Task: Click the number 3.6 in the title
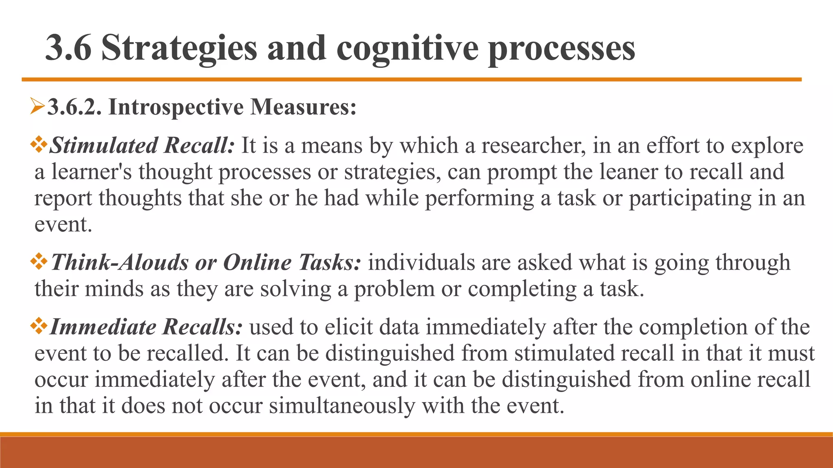(x=68, y=48)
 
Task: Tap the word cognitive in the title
(x=407, y=49)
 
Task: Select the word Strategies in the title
(x=179, y=49)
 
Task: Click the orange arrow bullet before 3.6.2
(x=37, y=107)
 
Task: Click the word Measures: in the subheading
(x=303, y=107)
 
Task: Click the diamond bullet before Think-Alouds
(x=39, y=261)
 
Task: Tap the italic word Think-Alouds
(x=120, y=262)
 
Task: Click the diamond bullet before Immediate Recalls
(x=39, y=326)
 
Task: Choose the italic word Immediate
(x=103, y=327)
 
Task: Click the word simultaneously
(x=342, y=405)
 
